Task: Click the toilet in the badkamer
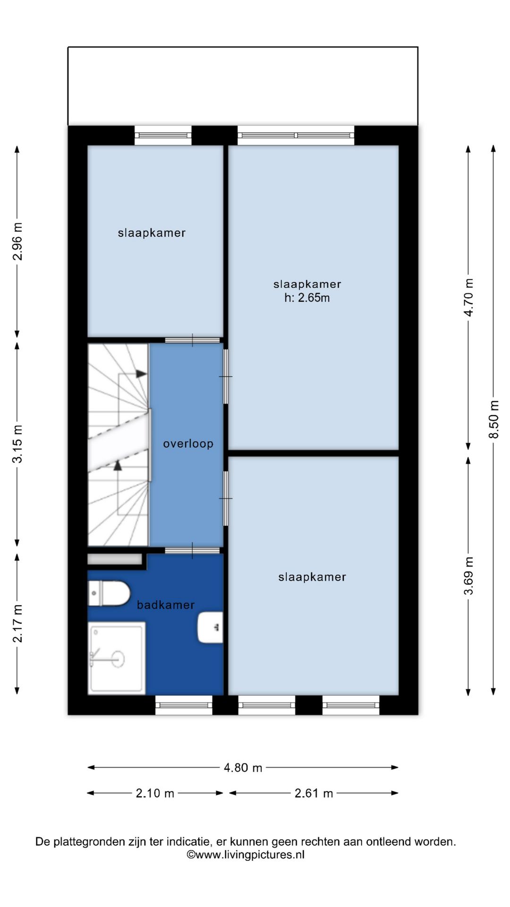point(109,593)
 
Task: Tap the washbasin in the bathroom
point(210,627)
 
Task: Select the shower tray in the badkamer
point(117,658)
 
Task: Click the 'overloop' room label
point(188,444)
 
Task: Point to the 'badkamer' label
point(166,605)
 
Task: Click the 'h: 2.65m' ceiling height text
point(307,298)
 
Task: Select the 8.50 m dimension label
point(493,419)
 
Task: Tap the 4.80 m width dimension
point(243,768)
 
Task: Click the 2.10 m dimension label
point(155,793)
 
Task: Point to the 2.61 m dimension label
point(314,793)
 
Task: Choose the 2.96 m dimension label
point(17,241)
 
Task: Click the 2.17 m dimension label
point(17,624)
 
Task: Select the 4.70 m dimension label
point(468,297)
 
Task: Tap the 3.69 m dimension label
point(468,576)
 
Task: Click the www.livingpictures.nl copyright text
point(246,855)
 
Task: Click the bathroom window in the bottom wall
point(184,705)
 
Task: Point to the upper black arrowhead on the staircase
point(141,374)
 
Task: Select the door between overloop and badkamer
point(192,550)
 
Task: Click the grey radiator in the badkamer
point(115,559)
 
